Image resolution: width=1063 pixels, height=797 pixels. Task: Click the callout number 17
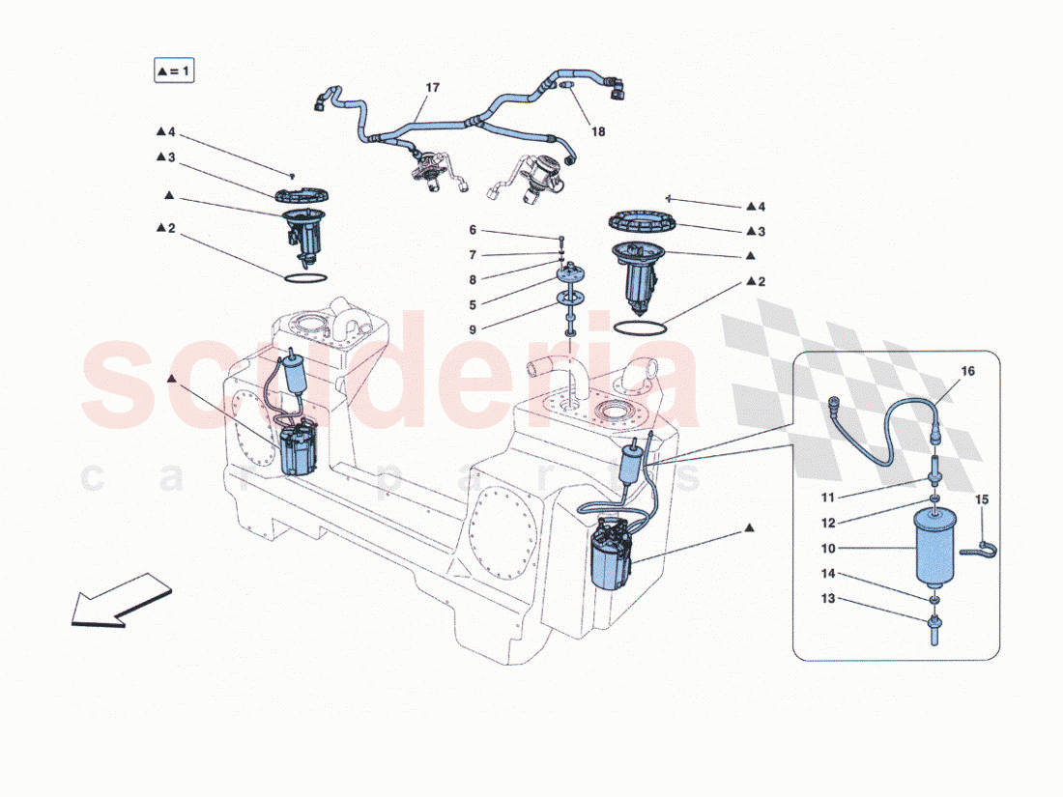coord(432,88)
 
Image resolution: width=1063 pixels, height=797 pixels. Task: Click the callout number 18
coord(598,131)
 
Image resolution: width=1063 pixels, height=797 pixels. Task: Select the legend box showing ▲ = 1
coord(175,71)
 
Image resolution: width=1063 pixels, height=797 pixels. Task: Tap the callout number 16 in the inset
coord(968,371)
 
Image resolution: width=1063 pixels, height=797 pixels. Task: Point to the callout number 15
coord(982,500)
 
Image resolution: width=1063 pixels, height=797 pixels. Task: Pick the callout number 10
coord(828,548)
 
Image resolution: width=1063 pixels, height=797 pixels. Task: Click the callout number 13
coord(828,599)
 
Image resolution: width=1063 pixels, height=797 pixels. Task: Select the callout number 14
coord(828,574)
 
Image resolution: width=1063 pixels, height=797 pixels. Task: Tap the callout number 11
coord(828,498)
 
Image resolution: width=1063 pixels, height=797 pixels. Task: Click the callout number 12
coord(828,523)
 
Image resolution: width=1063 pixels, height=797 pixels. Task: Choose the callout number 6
coord(474,230)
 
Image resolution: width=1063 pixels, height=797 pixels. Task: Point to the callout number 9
coord(474,329)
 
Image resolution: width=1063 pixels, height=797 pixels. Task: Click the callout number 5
coord(474,304)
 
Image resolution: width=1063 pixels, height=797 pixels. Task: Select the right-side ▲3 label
coord(756,231)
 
